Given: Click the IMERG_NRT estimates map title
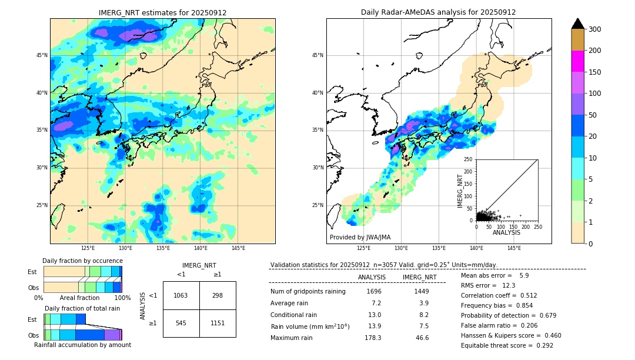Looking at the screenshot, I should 162,12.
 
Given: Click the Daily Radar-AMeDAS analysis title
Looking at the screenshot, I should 439,12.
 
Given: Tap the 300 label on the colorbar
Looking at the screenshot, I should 596,29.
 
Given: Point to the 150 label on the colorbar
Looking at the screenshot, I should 596,72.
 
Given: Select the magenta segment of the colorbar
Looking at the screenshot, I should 578,61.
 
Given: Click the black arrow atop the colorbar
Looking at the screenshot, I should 578,24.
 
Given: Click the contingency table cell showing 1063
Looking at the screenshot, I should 181,295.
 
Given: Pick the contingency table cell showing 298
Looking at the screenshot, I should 218,295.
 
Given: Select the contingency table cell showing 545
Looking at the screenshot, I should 181,323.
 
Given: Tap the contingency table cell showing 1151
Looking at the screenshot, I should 218,323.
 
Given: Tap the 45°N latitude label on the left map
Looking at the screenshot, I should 42,55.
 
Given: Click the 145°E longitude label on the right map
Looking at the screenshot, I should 514,249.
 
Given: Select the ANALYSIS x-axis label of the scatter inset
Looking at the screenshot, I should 506,232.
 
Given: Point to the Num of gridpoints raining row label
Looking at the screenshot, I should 308,291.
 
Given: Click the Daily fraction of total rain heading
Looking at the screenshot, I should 82,308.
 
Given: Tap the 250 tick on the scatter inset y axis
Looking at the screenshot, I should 469,159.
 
